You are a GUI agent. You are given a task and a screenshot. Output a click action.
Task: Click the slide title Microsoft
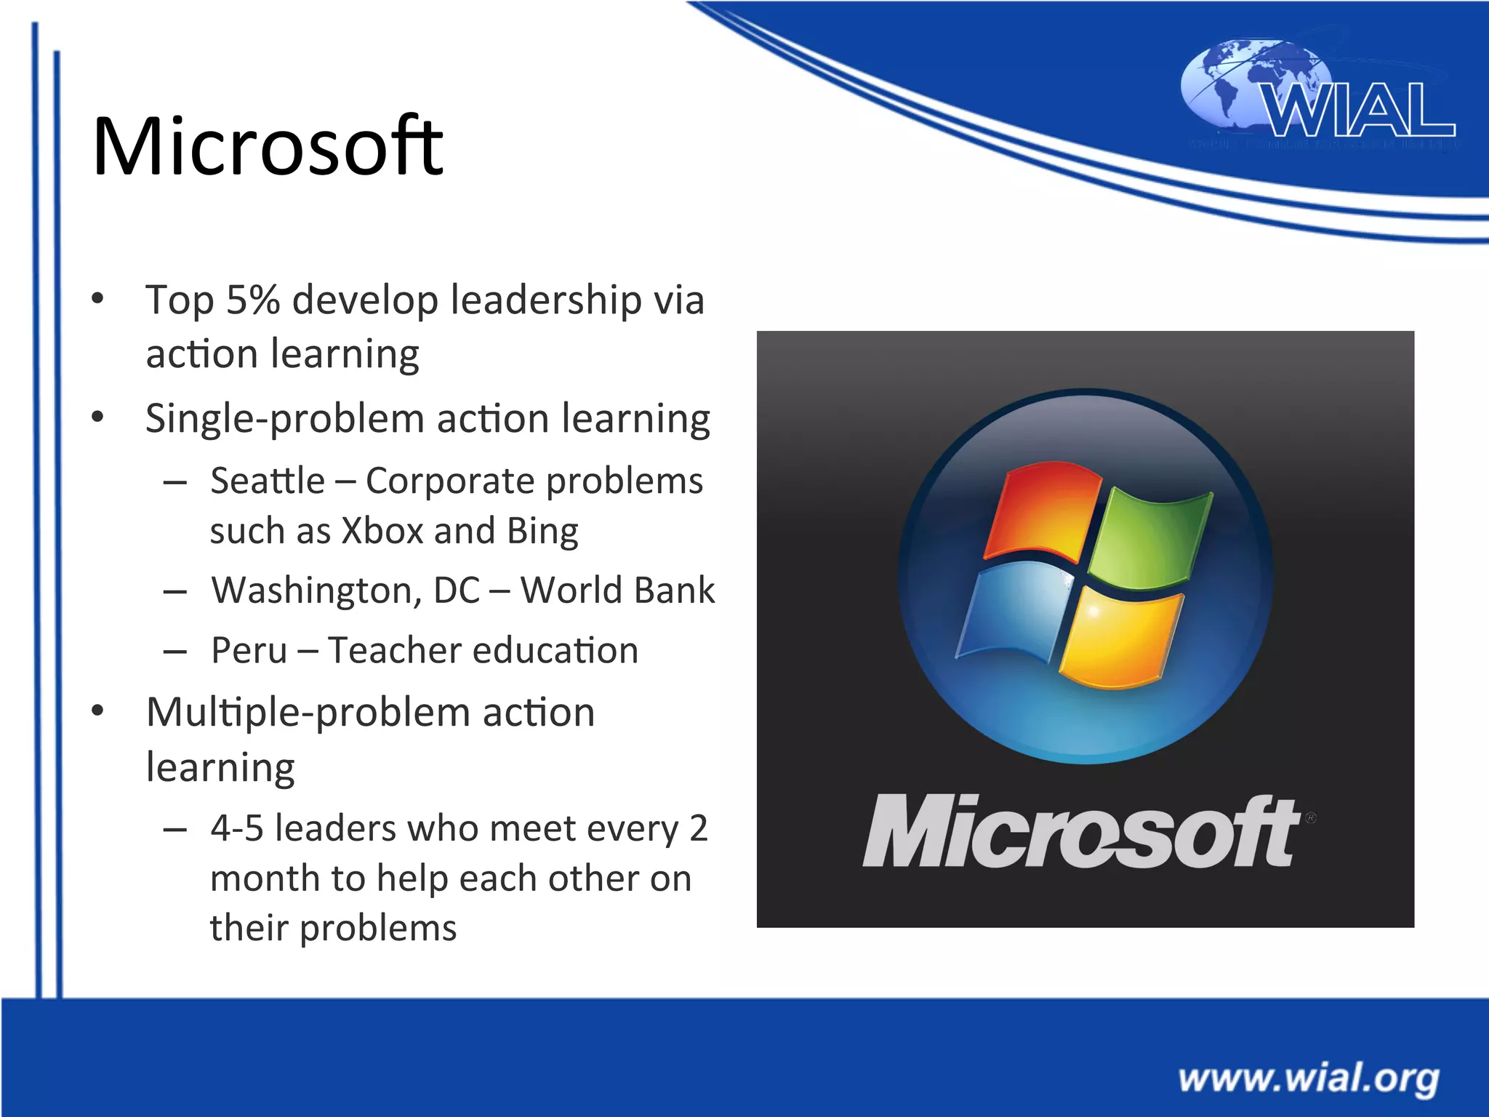[x=268, y=147]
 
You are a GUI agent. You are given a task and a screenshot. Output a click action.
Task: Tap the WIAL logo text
[x=1358, y=111]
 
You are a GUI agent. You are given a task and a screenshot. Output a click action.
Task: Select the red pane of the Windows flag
[x=1042, y=512]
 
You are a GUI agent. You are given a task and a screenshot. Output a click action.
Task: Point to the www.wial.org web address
[x=1309, y=1078]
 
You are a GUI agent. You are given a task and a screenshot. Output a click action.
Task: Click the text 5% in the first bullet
[x=253, y=300]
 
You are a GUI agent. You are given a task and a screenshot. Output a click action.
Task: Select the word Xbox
[x=382, y=531]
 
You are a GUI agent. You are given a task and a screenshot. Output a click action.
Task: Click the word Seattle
[x=268, y=481]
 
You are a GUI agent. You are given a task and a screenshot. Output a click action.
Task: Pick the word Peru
[x=249, y=650]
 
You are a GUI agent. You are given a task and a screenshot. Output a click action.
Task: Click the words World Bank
[x=618, y=590]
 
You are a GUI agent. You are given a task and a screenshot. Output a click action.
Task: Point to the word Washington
[x=316, y=590]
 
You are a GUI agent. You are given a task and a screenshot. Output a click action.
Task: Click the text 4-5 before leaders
[x=237, y=828]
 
